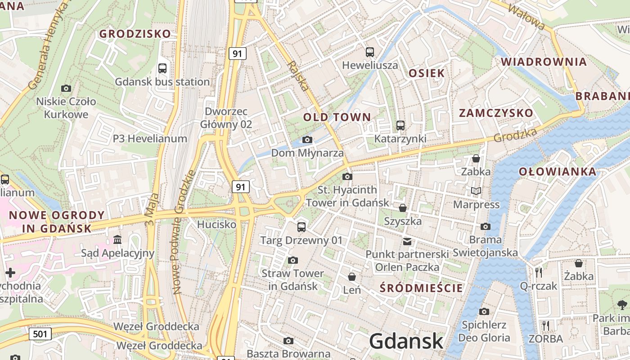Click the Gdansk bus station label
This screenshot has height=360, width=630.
162,82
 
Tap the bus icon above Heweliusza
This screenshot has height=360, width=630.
370,52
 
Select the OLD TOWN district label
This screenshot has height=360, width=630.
337,117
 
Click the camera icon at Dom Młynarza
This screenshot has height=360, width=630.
307,140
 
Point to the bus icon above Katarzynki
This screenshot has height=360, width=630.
400,126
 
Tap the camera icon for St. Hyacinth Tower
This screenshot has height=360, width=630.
347,176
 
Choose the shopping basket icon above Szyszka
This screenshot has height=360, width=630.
403,208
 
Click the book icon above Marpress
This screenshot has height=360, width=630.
476,191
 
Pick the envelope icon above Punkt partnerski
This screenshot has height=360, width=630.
407,242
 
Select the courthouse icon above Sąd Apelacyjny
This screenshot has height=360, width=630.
118,239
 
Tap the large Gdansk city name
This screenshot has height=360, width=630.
406,341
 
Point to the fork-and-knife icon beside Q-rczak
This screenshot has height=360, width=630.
538,272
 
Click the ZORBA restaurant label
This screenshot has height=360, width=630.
545,338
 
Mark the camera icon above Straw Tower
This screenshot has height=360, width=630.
293,260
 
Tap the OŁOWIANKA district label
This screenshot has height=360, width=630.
558,171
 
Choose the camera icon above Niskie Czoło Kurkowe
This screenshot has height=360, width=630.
66,88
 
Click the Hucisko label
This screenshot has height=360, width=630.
217,224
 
